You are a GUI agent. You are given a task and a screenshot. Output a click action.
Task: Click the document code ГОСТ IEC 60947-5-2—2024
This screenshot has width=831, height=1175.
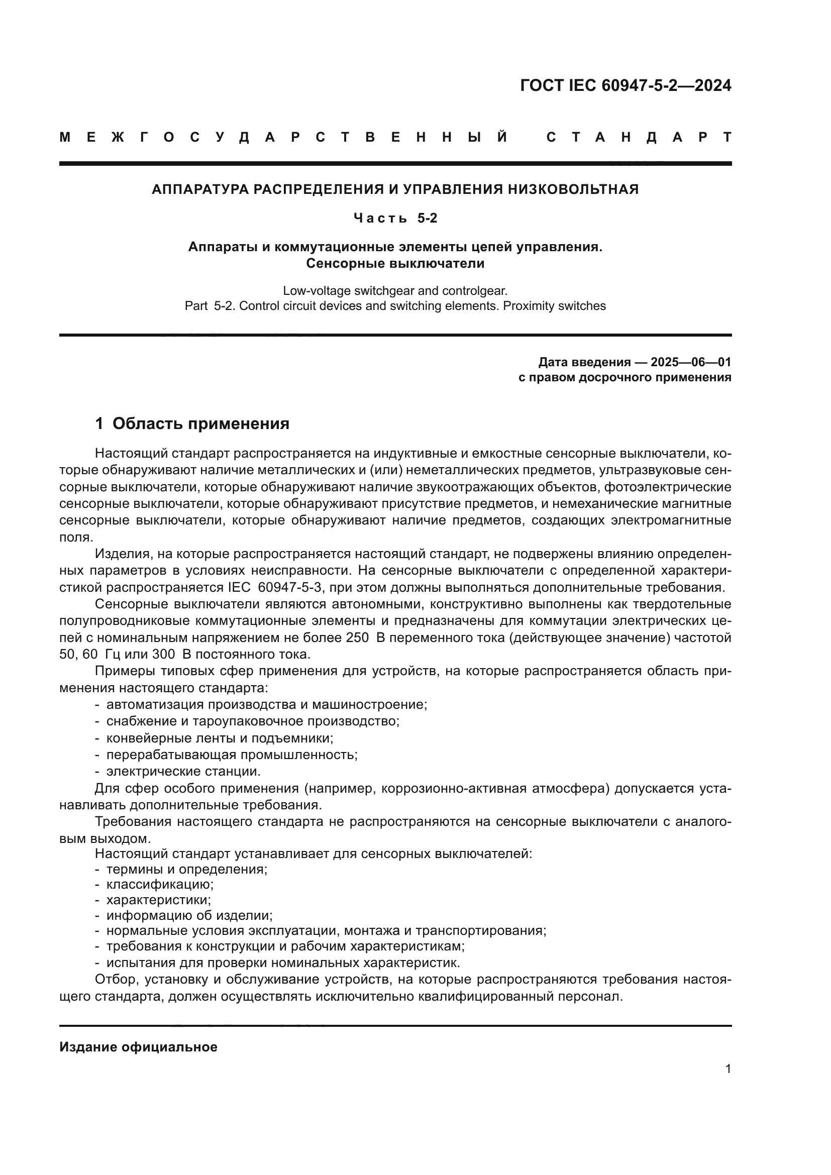click(x=626, y=85)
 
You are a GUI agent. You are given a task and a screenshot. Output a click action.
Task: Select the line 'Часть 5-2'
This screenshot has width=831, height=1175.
click(x=395, y=219)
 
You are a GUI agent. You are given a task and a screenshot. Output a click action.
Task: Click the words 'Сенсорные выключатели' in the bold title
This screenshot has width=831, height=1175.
click(x=395, y=264)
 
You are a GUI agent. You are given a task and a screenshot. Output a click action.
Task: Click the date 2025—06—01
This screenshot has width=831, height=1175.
click(x=691, y=362)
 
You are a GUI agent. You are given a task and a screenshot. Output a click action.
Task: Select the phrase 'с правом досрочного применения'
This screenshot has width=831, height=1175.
click(x=625, y=378)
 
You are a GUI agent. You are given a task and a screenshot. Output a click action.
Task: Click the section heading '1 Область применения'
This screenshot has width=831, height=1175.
click(x=192, y=424)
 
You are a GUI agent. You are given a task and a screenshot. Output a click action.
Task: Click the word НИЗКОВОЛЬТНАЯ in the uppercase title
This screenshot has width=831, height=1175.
click(x=573, y=189)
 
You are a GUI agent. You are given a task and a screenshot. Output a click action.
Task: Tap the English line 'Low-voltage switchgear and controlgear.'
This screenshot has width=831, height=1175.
click(x=395, y=291)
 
